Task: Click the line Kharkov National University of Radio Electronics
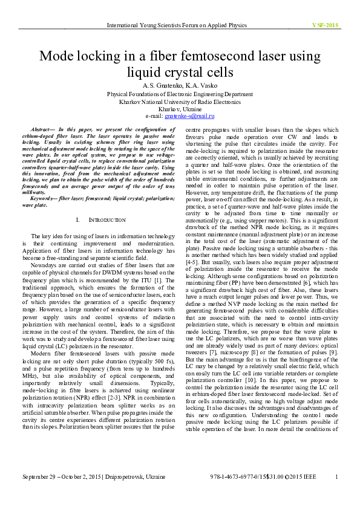pyautogui.click(x=180, y=102)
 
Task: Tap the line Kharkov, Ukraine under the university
pyautogui.click(x=180, y=109)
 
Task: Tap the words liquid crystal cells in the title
pyautogui.click(x=180, y=73)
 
